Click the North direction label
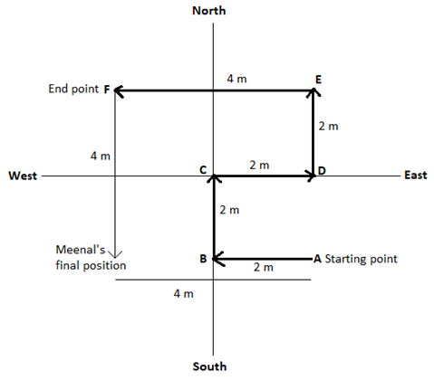(209, 11)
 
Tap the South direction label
(209, 366)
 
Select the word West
(23, 176)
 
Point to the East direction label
(416, 176)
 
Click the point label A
(317, 259)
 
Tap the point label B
(203, 259)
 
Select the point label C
(203, 170)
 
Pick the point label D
(322, 171)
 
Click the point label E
(318, 80)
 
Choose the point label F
(107, 90)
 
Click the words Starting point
(362, 259)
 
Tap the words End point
(73, 89)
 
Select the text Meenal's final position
(91, 258)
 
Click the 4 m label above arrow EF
(236, 79)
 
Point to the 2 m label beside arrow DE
(328, 126)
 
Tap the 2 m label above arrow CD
(259, 166)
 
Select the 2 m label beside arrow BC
(229, 210)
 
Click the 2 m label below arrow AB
(264, 267)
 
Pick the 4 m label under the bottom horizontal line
(184, 293)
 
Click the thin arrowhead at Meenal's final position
(115, 255)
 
